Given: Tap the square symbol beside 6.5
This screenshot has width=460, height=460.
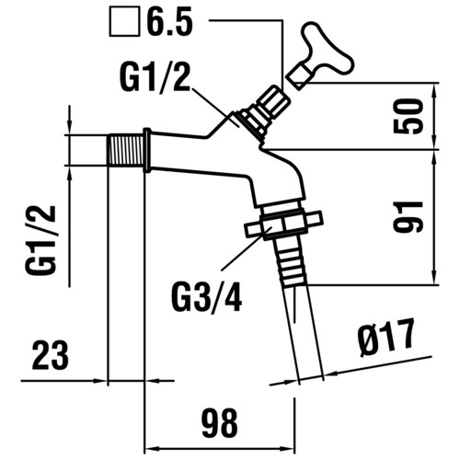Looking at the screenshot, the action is (x=125, y=22).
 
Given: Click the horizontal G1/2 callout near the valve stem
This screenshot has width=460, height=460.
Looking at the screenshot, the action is (x=155, y=75).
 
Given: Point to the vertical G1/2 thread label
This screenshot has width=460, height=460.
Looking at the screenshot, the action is (x=40, y=240).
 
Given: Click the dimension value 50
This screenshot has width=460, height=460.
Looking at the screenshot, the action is (x=408, y=116).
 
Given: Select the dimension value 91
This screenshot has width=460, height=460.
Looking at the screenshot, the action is (x=408, y=216).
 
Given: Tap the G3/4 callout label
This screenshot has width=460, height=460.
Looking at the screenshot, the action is (x=207, y=297).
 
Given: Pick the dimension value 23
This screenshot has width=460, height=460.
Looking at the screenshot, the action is (x=51, y=355).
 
